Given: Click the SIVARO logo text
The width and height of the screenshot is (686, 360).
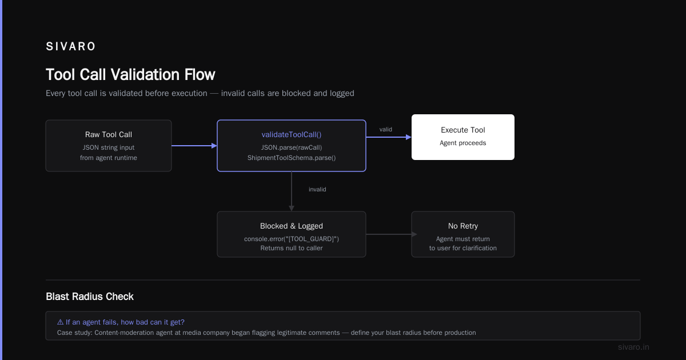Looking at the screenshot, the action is (x=70, y=46).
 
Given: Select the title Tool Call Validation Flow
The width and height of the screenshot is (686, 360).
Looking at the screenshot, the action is (x=130, y=74).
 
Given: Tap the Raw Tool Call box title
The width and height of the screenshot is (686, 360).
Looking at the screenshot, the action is (x=109, y=134).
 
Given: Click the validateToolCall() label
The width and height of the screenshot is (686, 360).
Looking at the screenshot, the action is (x=291, y=134).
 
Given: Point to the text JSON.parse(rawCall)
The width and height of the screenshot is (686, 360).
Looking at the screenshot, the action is (x=291, y=147).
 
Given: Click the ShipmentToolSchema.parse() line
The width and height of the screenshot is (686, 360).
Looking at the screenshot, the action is (x=291, y=158).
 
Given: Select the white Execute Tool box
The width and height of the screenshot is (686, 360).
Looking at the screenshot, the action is (x=462, y=137).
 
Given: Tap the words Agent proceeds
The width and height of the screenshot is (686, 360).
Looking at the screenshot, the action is (x=462, y=143).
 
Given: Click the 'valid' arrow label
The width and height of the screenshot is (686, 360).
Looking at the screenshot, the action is (x=385, y=130).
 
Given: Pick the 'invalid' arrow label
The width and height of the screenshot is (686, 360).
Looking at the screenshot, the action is (x=317, y=190).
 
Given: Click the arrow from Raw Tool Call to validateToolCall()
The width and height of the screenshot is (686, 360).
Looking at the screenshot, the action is (x=194, y=146).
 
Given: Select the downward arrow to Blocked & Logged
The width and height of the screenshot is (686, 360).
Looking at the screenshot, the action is (x=291, y=191).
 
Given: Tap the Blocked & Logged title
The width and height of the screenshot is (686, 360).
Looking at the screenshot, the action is (x=291, y=226).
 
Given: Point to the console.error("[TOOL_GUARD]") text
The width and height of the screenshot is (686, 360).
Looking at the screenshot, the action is (x=291, y=239).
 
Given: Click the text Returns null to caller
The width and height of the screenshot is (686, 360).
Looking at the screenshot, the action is (x=291, y=248).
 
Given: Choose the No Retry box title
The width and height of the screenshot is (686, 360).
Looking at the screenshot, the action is (x=462, y=226).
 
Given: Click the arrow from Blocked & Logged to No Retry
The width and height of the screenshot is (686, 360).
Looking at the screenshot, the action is (x=392, y=234).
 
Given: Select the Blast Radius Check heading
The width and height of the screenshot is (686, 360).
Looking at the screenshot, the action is (x=89, y=297).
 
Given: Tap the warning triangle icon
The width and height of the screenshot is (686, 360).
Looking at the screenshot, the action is (x=61, y=322).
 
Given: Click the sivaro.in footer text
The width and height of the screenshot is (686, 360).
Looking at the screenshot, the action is (x=633, y=347).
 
